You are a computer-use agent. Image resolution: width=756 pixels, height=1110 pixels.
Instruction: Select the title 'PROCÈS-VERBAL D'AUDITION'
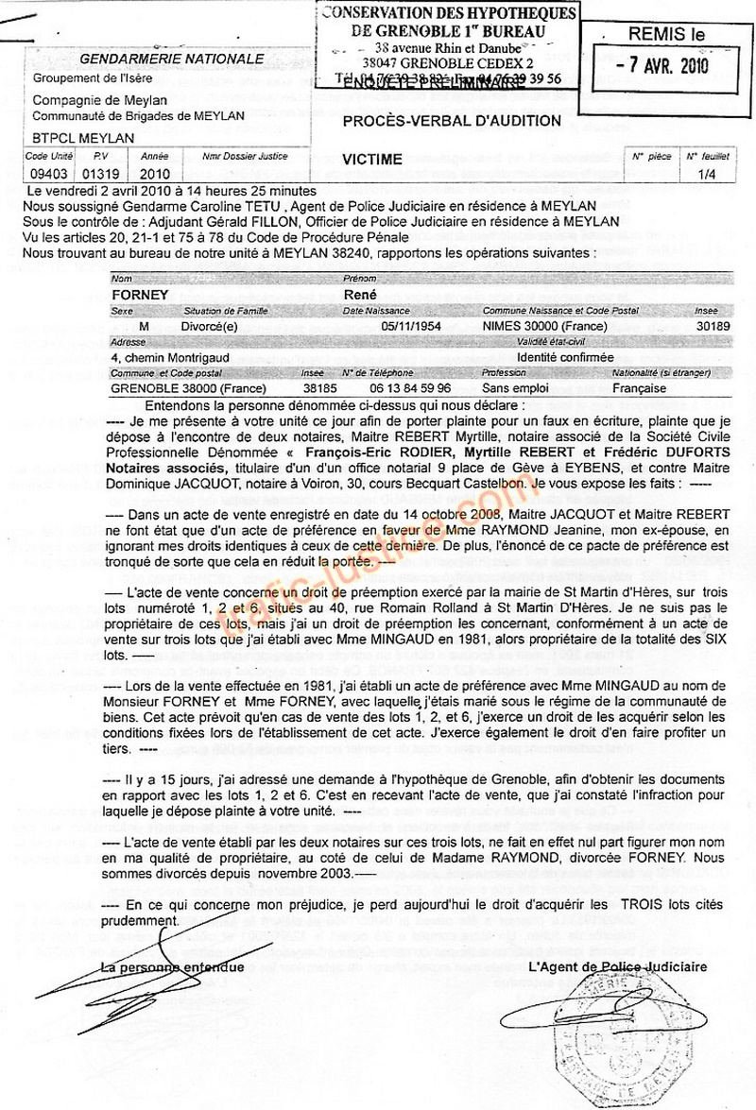click(x=452, y=121)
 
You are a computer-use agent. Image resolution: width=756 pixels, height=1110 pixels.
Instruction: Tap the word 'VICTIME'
click(x=372, y=160)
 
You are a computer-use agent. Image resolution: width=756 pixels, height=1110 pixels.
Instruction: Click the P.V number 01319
click(x=97, y=174)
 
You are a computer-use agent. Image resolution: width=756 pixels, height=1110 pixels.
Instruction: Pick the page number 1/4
click(x=705, y=174)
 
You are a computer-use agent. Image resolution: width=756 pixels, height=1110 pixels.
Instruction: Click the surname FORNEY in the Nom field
click(x=140, y=295)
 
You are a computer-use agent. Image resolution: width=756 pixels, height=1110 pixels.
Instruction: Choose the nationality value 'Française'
click(x=640, y=387)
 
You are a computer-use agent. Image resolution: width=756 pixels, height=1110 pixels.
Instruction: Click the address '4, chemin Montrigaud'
click(x=170, y=357)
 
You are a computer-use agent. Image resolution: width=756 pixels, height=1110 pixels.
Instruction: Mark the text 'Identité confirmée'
click(x=566, y=357)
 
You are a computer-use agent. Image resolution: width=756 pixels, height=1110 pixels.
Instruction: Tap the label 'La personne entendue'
click(x=173, y=966)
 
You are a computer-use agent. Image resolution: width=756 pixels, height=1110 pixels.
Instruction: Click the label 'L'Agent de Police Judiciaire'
click(x=617, y=966)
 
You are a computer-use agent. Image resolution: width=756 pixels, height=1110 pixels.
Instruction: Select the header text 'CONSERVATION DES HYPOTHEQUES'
click(x=449, y=13)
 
